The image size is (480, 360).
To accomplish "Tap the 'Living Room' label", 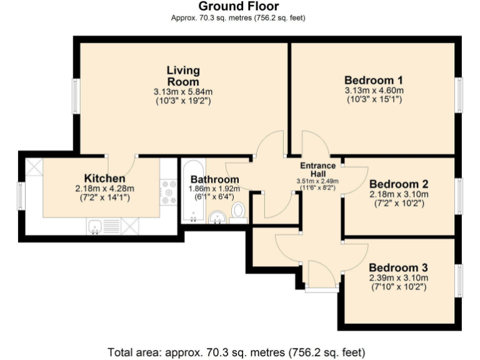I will click(183, 76).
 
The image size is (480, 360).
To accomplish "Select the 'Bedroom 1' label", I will click(374, 81).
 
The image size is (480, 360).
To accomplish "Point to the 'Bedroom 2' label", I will click(398, 184).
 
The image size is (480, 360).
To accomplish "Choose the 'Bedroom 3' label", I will click(398, 268).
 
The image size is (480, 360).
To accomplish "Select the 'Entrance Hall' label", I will click(317, 169).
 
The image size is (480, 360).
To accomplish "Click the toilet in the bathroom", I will click(237, 212).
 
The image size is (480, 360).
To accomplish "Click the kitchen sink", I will click(96, 226).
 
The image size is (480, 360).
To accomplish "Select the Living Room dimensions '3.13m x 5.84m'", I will click(183, 91).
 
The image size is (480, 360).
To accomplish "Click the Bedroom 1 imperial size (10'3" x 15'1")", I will click(374, 99).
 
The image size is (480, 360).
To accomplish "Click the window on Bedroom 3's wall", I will click(458, 280).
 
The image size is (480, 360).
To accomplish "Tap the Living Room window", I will click(75, 97).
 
